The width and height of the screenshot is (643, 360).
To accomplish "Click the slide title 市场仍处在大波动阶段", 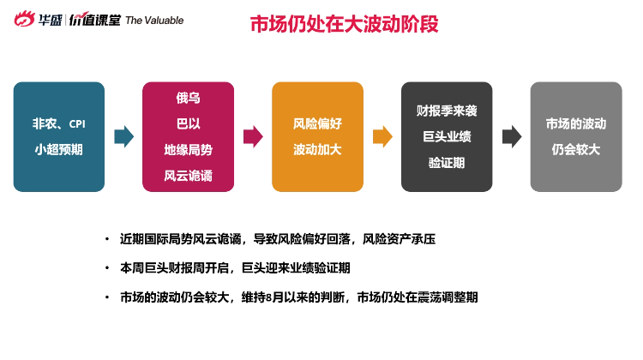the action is pyautogui.click(x=344, y=24).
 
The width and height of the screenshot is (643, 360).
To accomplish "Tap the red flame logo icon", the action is pyautogui.click(x=24, y=19).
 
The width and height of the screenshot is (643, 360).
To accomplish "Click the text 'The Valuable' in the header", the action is pyautogui.click(x=154, y=21).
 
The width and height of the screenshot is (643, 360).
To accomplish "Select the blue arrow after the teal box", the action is pyautogui.click(x=123, y=136).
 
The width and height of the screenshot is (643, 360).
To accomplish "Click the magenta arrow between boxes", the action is pyautogui.click(x=253, y=136).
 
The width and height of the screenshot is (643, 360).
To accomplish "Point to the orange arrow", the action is pyautogui.click(x=382, y=136).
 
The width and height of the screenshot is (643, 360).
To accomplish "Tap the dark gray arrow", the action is pyautogui.click(x=512, y=136).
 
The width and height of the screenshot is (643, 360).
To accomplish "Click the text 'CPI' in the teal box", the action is pyautogui.click(x=77, y=123).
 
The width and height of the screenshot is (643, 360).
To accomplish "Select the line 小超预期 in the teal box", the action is pyautogui.click(x=58, y=150).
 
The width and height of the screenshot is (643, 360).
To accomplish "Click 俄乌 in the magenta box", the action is pyautogui.click(x=189, y=98).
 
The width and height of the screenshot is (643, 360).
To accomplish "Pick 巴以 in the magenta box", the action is pyautogui.click(x=189, y=123).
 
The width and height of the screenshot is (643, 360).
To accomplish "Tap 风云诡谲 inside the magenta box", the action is pyautogui.click(x=189, y=176).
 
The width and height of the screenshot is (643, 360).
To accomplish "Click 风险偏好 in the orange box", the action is pyautogui.click(x=317, y=123).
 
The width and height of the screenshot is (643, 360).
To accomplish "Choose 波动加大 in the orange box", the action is pyautogui.click(x=317, y=150).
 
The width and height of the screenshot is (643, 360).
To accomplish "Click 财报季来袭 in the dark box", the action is pyautogui.click(x=447, y=111).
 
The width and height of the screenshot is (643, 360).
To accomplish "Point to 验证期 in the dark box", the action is pyautogui.click(x=447, y=163).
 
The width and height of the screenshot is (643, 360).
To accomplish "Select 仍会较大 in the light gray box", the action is pyautogui.click(x=576, y=150).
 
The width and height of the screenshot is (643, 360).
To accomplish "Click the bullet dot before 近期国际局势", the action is pyautogui.click(x=107, y=238).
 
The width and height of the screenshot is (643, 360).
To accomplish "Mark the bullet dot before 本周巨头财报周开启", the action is pyautogui.click(x=107, y=268).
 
